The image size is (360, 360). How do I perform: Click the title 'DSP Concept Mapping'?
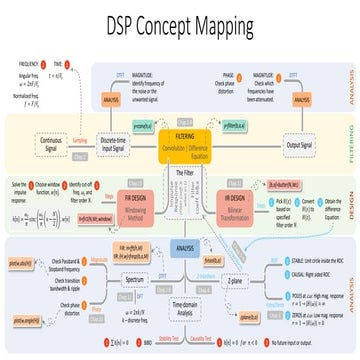180,23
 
